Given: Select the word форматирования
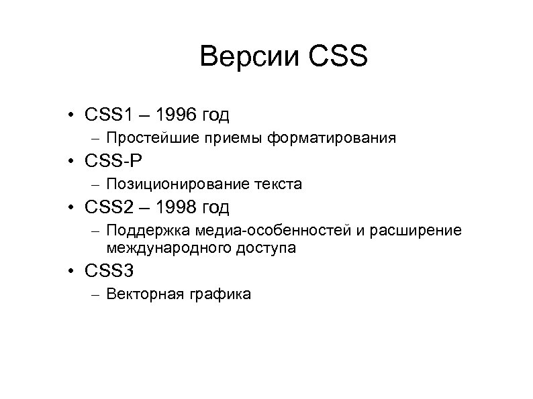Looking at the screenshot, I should (x=331, y=138).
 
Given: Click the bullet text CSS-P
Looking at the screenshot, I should (x=114, y=161).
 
